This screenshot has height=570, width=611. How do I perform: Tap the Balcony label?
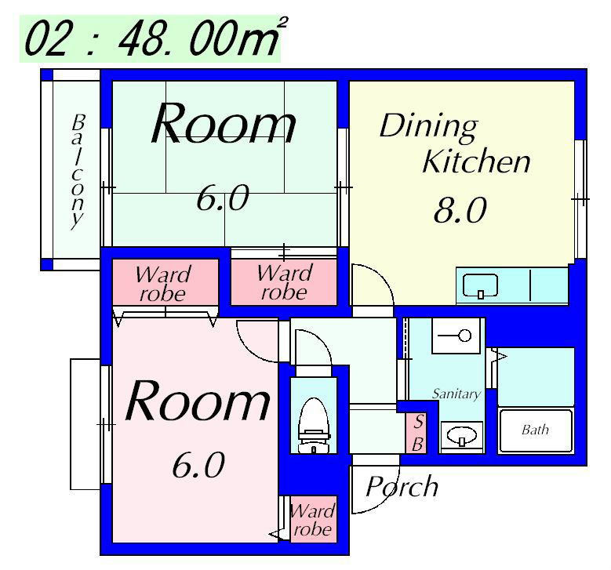(x=77, y=171)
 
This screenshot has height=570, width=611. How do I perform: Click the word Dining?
(x=427, y=125)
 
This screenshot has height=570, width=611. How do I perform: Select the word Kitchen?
(x=476, y=162)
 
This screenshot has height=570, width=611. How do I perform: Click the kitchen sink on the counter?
(x=479, y=285)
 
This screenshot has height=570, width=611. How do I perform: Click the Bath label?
(x=535, y=430)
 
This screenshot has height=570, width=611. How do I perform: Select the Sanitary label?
(x=456, y=394)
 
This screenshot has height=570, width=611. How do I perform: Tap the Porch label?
(x=402, y=487)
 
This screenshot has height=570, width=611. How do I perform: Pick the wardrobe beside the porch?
(x=313, y=519)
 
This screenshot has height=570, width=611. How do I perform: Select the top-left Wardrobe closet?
(x=162, y=283)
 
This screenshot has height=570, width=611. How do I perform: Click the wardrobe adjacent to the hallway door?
(x=284, y=283)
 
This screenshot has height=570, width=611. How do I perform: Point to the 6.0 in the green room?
(x=222, y=199)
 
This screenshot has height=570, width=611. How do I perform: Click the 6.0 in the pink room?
(x=198, y=466)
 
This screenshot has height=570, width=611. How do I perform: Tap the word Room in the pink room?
(x=198, y=401)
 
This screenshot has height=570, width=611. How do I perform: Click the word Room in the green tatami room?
(x=223, y=125)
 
